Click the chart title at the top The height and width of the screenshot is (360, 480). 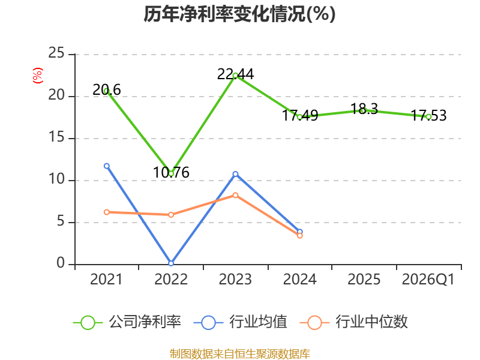(239, 14)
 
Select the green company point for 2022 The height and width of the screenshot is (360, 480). (171, 173)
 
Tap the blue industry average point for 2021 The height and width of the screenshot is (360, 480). (107, 166)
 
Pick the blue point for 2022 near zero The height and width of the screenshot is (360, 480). (171, 263)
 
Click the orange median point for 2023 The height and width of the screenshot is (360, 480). (235, 196)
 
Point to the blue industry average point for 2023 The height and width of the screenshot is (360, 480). (235, 174)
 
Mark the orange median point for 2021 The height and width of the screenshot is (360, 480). (107, 212)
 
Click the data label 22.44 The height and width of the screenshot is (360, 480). (235, 74)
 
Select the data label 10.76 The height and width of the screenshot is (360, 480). (171, 172)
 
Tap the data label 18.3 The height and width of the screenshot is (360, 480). (364, 109)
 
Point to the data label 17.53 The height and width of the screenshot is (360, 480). (428, 115)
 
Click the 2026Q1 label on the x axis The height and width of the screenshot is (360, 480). (428, 279)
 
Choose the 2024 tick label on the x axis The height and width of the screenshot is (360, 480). (299, 279)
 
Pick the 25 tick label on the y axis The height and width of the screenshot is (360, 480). (56, 53)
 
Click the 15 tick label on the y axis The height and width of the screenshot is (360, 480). (56, 137)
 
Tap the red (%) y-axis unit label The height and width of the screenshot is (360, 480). (38, 76)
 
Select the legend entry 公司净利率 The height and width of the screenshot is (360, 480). (127, 322)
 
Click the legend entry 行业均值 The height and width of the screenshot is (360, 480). (241, 322)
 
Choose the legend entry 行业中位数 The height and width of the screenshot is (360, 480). (354, 322)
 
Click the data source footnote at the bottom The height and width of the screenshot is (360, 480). (240, 354)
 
